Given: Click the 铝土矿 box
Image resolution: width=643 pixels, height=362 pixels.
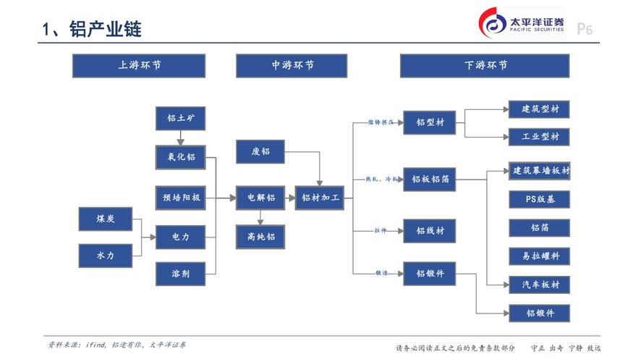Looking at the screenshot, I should tap(181, 118).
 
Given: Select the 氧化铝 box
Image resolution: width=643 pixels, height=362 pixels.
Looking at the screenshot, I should tap(181, 157).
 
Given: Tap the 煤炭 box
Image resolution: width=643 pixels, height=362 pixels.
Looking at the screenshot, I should tap(105, 218).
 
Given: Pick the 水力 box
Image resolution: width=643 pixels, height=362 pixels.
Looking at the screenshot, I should tap(105, 255).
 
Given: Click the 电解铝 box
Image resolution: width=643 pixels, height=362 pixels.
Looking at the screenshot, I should tap(261, 197).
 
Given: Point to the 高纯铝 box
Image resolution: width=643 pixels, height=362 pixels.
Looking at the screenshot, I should tap(261, 236).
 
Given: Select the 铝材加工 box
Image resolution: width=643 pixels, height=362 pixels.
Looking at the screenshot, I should tap(320, 197).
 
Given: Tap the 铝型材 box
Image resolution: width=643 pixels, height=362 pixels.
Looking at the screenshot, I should tap(430, 122).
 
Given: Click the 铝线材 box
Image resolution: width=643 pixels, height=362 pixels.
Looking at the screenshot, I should tap(430, 231).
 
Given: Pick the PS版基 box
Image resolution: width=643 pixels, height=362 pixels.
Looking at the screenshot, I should tap(540, 199).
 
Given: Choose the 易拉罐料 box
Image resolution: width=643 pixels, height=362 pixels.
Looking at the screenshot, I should tap(540, 256).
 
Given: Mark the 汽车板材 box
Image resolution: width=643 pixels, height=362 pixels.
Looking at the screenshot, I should tap(540, 285).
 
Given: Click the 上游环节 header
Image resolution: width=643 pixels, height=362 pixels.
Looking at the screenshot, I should tap(139, 65).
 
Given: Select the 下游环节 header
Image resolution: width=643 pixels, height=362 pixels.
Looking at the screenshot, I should tap(485, 65).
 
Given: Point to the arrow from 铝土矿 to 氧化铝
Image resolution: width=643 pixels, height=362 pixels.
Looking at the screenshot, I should tap(181, 138).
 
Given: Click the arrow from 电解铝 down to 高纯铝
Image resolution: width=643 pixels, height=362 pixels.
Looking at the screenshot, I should tap(261, 216).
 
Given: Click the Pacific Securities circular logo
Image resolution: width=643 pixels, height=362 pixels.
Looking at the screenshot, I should tap(495, 25).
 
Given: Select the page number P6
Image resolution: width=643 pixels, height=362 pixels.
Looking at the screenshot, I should tap(584, 30).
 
